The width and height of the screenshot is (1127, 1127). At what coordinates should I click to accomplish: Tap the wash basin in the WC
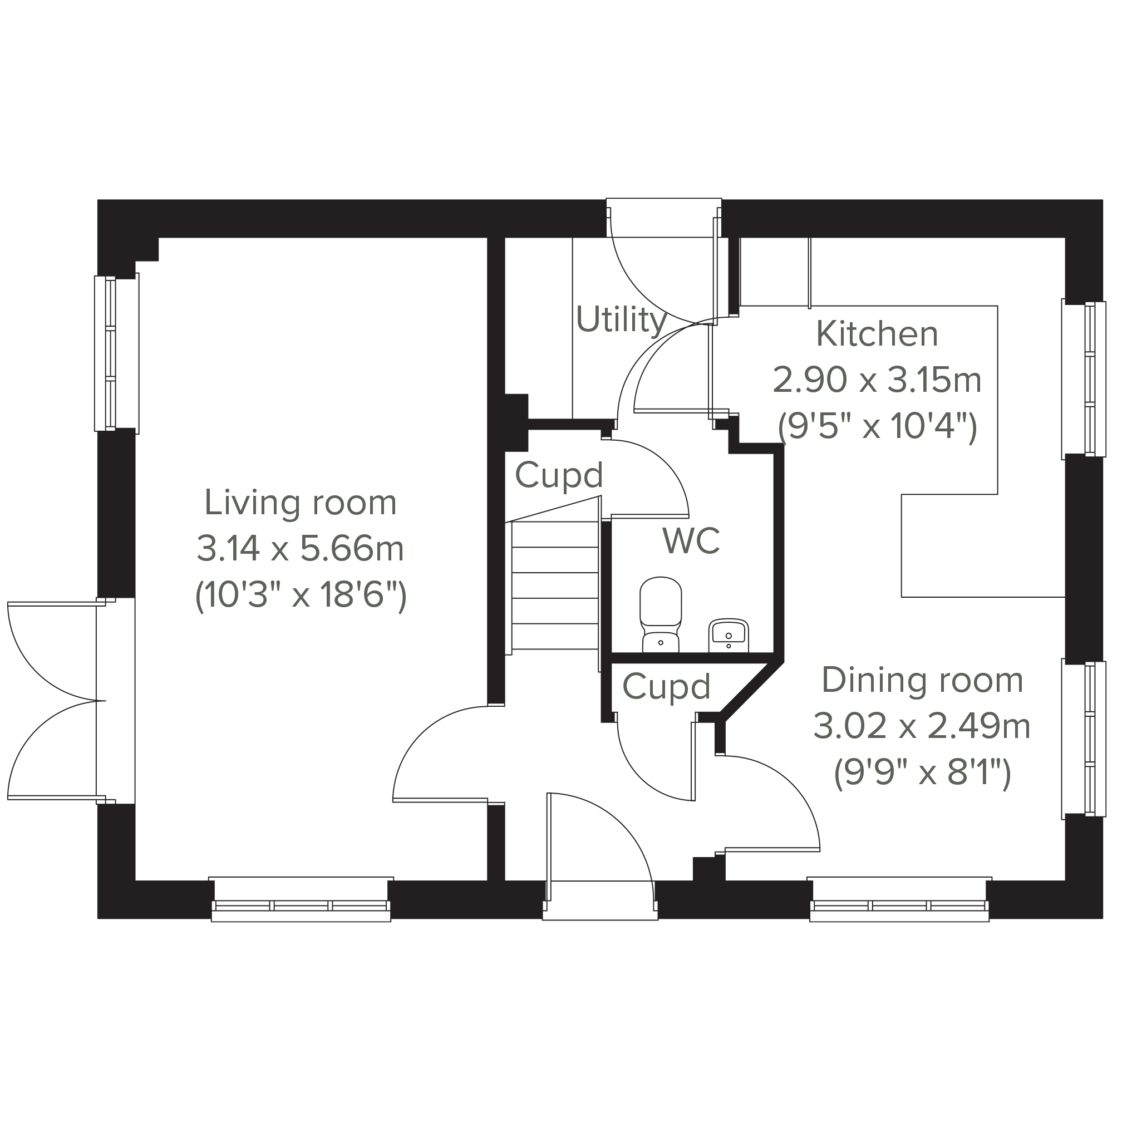coord(729,635)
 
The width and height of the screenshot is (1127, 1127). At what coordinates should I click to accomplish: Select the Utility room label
coord(621,319)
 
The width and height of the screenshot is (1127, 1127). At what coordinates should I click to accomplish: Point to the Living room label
coord(301,502)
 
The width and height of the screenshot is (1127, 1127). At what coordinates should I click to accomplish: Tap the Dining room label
coord(922,680)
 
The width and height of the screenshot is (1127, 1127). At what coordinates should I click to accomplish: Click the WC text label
coord(691,541)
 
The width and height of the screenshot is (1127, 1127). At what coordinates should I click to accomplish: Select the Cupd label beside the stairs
coord(559,476)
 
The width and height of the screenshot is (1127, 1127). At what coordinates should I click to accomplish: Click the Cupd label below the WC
coord(666,687)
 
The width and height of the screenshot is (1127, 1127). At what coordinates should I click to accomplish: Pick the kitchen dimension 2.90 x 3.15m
coord(877,380)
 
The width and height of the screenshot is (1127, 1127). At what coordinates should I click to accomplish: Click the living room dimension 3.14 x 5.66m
coord(301,549)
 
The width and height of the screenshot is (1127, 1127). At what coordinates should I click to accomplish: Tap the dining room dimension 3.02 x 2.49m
coord(922,727)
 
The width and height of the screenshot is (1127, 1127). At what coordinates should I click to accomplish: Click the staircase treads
coord(555,585)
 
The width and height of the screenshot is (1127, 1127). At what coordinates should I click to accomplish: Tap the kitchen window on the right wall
coord(1083,379)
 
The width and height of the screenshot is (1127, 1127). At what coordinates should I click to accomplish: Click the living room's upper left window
coord(117,353)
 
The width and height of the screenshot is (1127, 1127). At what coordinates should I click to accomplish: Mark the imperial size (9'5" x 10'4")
coord(877,427)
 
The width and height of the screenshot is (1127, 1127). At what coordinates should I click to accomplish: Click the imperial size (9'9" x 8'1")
coord(922,774)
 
